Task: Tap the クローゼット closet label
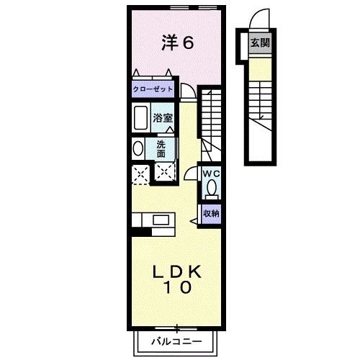point(152,89)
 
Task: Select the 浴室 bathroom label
point(161,116)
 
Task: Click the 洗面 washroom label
point(161,148)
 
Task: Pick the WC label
point(211,174)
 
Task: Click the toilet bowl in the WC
point(212,189)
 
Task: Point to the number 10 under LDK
point(176,289)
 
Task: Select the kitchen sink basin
point(160,220)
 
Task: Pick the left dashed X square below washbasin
point(139,173)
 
